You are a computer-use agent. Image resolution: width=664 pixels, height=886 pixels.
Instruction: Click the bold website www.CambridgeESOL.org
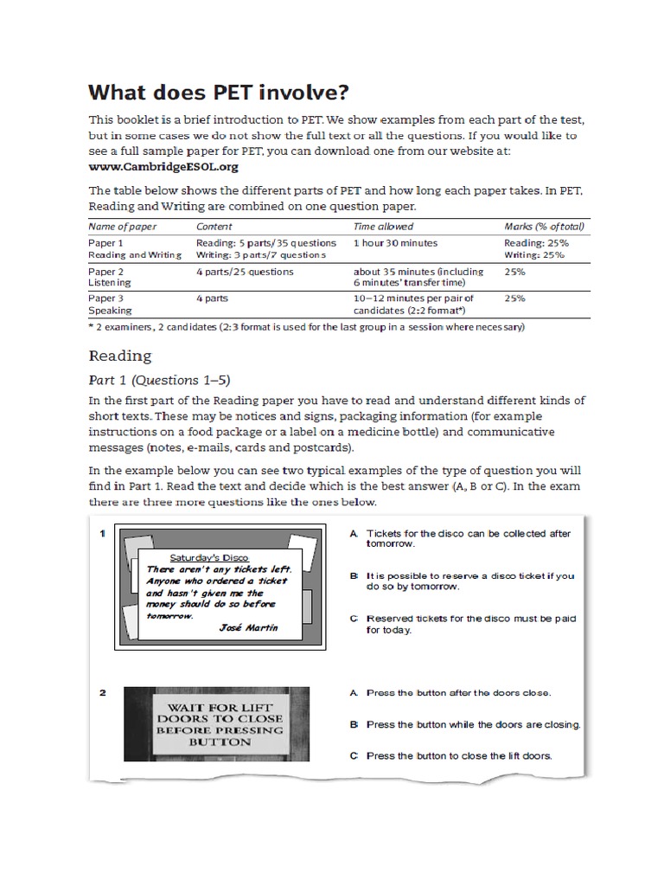click(163, 166)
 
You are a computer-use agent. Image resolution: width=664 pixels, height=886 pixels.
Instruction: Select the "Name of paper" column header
click(124, 227)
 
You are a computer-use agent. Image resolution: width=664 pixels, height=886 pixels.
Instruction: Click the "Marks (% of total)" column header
click(545, 227)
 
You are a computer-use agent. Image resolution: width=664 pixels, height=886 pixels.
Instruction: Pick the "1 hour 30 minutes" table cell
click(395, 243)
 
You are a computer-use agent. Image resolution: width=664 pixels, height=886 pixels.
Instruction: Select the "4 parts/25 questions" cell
click(245, 272)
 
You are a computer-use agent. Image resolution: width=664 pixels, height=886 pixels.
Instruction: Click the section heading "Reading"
click(120, 356)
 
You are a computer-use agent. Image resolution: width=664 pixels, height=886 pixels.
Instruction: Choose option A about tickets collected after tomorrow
click(468, 538)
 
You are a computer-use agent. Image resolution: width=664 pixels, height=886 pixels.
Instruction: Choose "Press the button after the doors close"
click(458, 693)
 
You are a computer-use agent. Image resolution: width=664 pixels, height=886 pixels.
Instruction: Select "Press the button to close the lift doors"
click(459, 755)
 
